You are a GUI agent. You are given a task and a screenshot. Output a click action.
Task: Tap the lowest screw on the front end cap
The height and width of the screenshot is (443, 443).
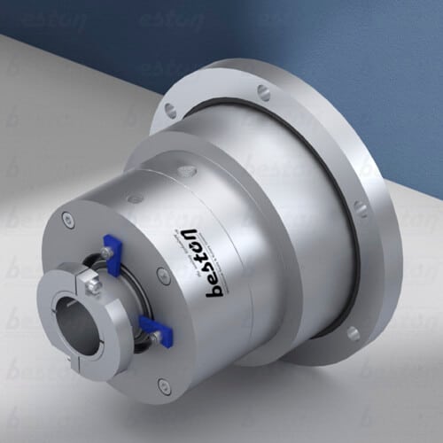pos(165,383)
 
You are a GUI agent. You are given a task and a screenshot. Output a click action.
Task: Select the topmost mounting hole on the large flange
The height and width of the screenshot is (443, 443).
pos(263,90)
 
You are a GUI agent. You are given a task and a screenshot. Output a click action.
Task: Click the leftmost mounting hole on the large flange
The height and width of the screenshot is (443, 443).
pos(169,110)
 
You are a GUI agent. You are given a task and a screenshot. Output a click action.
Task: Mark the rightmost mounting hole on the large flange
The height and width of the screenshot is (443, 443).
pos(361,210)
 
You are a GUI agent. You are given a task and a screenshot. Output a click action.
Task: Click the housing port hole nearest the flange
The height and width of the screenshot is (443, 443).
pos(183,166)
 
